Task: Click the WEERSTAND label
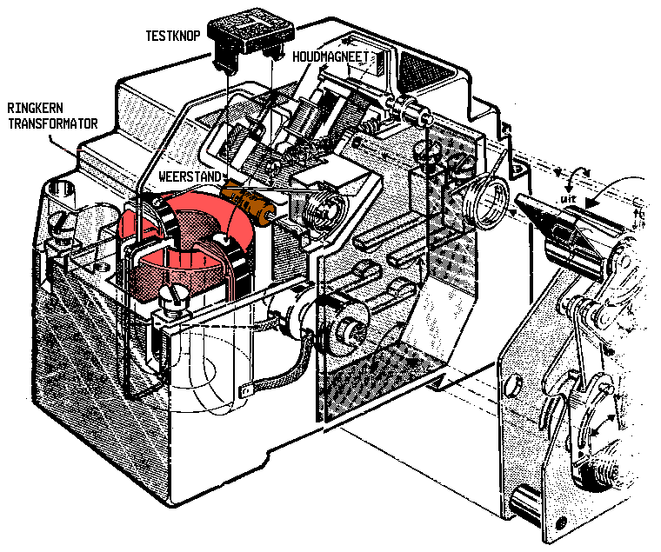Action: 188,176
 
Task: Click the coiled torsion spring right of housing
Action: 484,199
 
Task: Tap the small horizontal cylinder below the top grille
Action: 409,110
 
